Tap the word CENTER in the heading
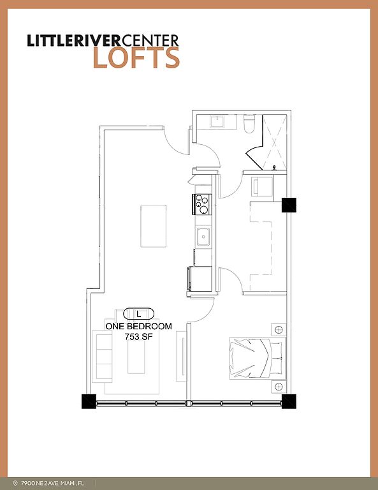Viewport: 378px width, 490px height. point(150,40)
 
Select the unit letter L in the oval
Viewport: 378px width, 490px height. point(139,313)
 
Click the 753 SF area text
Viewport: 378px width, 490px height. point(138,337)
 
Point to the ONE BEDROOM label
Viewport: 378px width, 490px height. point(138,326)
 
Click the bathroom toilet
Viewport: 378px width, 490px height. point(249,124)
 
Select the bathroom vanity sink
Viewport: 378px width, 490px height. point(217,122)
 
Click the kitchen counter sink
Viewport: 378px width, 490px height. point(203,237)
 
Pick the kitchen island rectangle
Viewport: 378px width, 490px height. point(153,226)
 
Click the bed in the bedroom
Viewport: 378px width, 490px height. point(258,358)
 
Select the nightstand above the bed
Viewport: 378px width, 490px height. point(279,329)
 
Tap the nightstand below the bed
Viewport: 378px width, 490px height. point(279,387)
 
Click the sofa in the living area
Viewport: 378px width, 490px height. point(103,356)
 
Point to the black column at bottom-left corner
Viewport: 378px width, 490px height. point(89,401)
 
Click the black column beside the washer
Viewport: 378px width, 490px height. point(289,205)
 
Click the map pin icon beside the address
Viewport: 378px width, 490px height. point(15,483)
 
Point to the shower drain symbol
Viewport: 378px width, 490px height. point(275,168)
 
